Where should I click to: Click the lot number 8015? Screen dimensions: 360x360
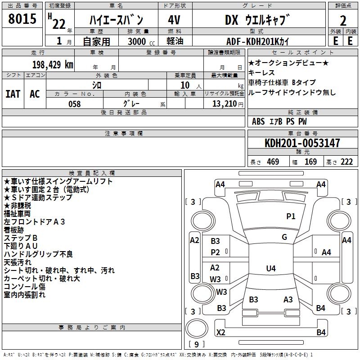click(22, 19)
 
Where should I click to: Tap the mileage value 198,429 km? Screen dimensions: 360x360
click(52, 64)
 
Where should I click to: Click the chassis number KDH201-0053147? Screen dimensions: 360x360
click(302, 144)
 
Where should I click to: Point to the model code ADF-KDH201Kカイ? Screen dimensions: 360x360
click(258, 41)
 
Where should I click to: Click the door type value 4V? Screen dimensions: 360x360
click(174, 20)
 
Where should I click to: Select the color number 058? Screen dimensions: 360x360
click(74, 104)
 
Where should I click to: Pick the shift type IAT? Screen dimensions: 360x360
click(13, 94)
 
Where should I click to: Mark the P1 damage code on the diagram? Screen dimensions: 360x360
click(291, 216)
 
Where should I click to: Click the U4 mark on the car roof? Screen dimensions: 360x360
click(270, 269)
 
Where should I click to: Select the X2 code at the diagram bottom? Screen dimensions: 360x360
click(220, 333)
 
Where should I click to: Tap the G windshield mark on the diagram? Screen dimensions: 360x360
click(284, 237)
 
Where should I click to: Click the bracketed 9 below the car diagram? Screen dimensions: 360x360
click(196, 345)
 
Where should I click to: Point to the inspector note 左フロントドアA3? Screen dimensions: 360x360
click(35, 221)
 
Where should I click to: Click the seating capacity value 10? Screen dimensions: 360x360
click(185, 85)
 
